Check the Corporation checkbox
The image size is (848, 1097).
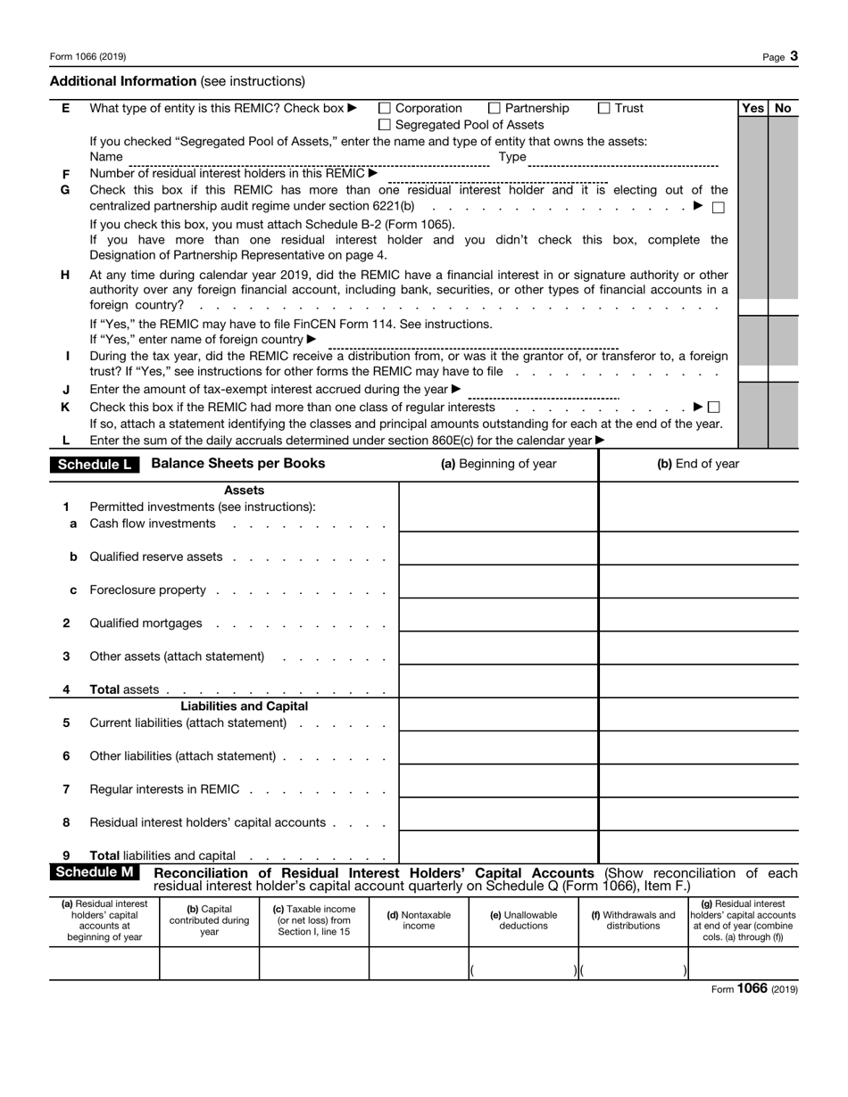(386, 109)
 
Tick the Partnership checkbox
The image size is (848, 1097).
(495, 109)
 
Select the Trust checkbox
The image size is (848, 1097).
(604, 109)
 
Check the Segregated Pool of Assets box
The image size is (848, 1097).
(386, 125)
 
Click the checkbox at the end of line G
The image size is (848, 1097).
(718, 207)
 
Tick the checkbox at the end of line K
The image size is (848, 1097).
(713, 408)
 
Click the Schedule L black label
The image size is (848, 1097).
(95, 465)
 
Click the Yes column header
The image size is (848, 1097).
(752, 108)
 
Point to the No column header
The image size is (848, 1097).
(783, 108)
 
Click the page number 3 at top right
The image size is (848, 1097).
(794, 56)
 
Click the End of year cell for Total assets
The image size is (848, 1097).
(698, 685)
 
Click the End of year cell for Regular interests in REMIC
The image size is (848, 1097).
(698, 785)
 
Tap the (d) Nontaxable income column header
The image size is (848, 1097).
(419, 920)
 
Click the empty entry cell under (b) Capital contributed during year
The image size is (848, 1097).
(209, 964)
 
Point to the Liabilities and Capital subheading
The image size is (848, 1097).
(244, 706)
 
